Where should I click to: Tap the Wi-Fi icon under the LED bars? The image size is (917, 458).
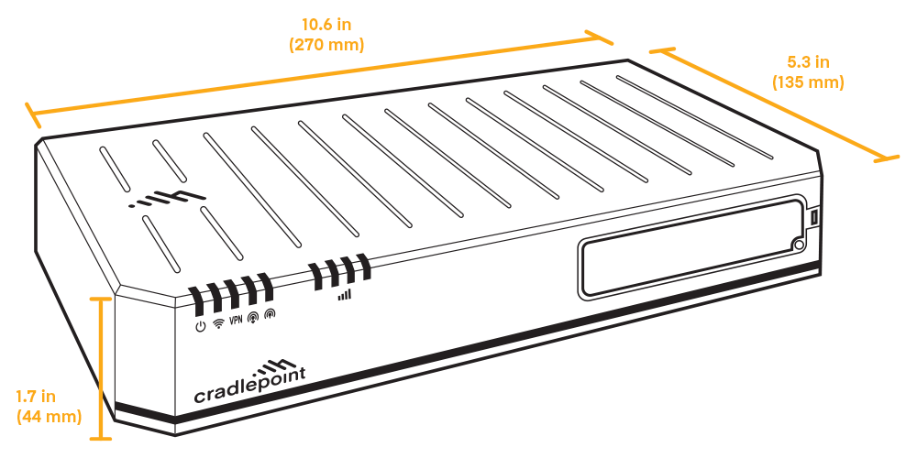click(x=217, y=322)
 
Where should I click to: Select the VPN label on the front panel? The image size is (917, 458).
click(x=236, y=320)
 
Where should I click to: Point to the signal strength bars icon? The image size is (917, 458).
click(x=344, y=295)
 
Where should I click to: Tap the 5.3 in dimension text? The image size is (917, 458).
click(x=808, y=63)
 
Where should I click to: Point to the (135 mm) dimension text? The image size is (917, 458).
click(x=808, y=82)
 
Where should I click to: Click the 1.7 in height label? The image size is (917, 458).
click(x=37, y=397)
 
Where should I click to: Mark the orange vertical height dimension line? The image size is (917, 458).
click(x=100, y=366)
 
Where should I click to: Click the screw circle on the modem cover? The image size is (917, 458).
click(x=799, y=245)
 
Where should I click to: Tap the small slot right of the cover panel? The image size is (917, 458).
click(x=812, y=217)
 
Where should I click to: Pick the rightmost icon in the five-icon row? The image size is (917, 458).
click(x=269, y=315)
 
